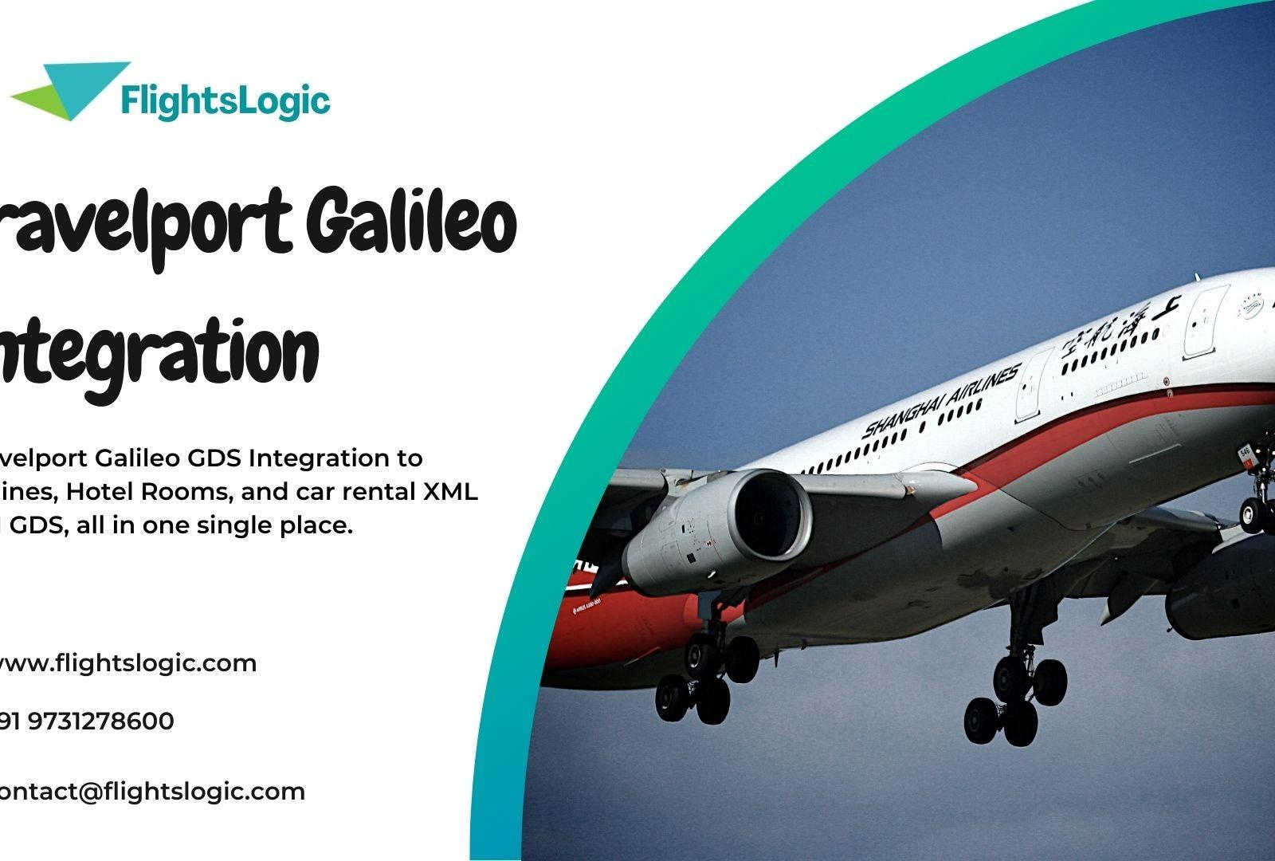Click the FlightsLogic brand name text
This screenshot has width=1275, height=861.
pyautogui.click(x=226, y=101)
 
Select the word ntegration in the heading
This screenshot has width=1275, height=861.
pyautogui.click(x=159, y=350)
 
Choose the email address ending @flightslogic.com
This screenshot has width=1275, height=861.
pyautogui.click(x=151, y=792)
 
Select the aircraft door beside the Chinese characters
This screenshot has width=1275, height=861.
pyautogui.click(x=1204, y=320)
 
